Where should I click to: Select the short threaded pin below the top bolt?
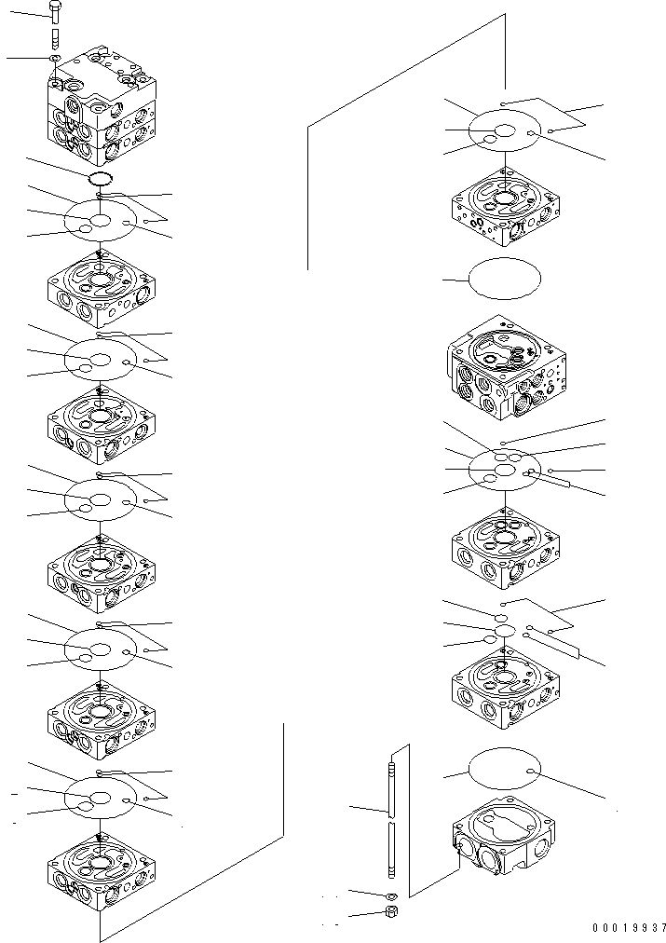(54, 38)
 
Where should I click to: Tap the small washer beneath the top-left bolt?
(55, 59)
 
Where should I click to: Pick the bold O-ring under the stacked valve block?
(100, 179)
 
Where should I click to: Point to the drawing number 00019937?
(629, 927)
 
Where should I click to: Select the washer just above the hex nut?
(392, 895)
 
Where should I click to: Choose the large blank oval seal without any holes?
(504, 278)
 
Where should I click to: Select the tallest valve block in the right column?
(505, 367)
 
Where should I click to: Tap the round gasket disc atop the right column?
(503, 132)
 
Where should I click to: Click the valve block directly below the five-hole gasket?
(505, 544)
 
